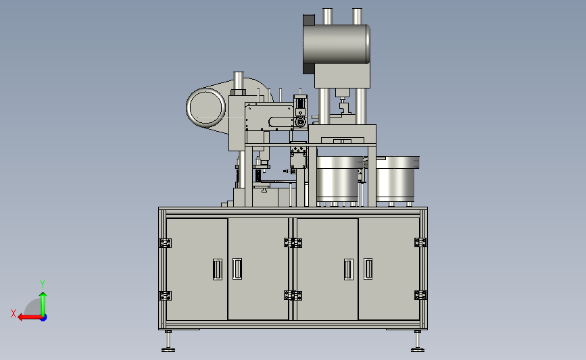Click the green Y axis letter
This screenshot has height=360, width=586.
click(x=43, y=284)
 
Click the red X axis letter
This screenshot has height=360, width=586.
click(x=14, y=313)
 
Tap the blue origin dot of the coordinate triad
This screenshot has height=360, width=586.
click(x=44, y=317)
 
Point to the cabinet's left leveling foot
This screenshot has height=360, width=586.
click(x=168, y=341)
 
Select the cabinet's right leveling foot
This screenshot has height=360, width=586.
click(x=418, y=341)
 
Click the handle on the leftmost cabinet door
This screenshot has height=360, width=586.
click(x=218, y=269)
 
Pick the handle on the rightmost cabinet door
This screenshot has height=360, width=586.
click(x=368, y=269)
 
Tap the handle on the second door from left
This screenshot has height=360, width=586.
click(x=237, y=269)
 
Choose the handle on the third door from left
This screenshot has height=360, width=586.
click(x=349, y=269)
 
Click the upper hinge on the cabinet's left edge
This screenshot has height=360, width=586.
click(x=165, y=243)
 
